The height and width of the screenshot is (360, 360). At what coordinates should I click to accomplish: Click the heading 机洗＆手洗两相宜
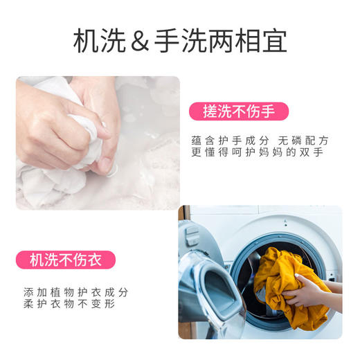pos(179,42)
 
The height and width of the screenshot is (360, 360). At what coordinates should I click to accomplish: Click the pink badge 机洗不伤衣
pos(66,261)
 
